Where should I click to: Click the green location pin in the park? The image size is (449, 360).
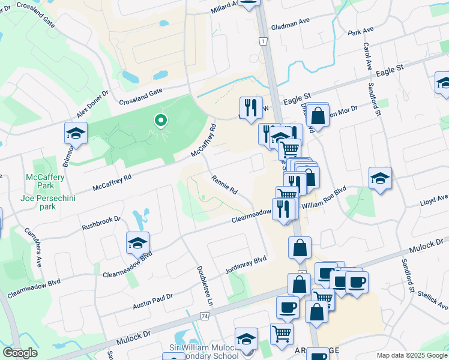(x=160, y=121)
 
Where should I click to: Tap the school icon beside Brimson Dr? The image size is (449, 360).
(x=76, y=134)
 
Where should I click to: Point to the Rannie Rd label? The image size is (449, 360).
(x=224, y=184)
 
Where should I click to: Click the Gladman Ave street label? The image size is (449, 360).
(x=289, y=20)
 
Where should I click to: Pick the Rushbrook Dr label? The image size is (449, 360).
(x=101, y=223)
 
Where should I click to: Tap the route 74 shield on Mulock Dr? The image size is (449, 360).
(x=205, y=316)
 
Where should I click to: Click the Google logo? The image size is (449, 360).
(x=20, y=353)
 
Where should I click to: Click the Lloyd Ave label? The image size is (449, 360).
(x=434, y=198)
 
